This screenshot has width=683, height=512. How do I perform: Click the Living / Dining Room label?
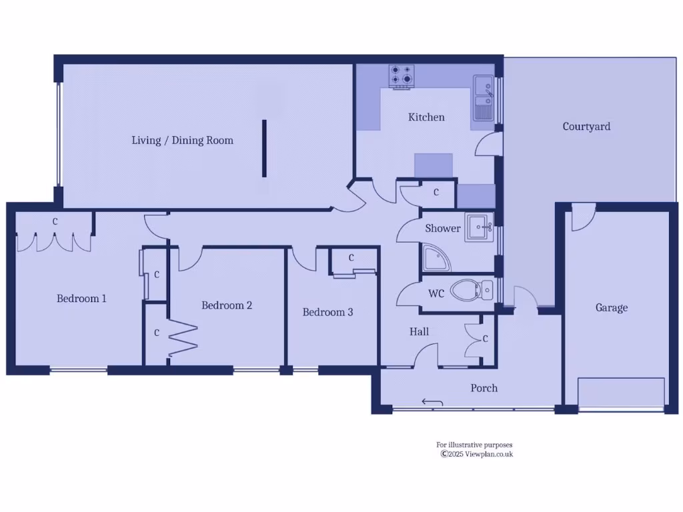coord(182,140)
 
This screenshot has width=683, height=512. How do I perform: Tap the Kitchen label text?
coord(426,117)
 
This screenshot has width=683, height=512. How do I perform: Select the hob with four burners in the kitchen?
coord(402,76)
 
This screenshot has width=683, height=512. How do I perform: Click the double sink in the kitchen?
coord(484,97)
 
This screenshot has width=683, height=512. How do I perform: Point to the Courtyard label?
coord(586,127)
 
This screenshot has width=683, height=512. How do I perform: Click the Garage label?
coord(611,308)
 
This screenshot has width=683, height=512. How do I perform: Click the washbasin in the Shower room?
coord(479,227)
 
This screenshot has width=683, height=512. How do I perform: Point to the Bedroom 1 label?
coord(81,299)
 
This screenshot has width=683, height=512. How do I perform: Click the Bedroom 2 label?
coord(227,305)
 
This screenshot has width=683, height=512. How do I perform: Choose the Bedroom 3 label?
coord(327,312)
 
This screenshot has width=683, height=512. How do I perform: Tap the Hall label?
coord(419,332)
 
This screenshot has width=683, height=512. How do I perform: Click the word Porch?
coord(484,388)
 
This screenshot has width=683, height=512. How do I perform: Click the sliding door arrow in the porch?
coord(432,401)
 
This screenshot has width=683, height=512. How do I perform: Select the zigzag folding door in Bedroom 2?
coord(183,339)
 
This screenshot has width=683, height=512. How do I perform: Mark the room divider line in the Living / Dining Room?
coord(264,148)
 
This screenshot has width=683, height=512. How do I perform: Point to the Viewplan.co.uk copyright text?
coord(476,454)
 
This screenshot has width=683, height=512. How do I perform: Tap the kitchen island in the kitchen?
coord(434,164)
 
